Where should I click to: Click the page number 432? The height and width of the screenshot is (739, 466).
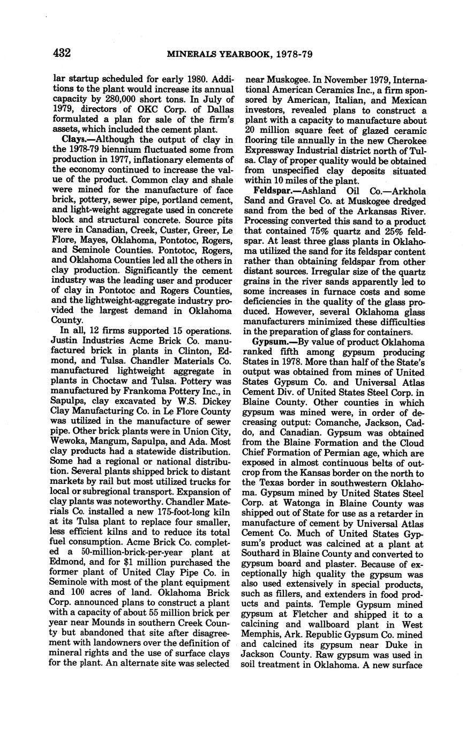[62, 53]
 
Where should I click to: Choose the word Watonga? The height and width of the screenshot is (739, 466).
[294, 504]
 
